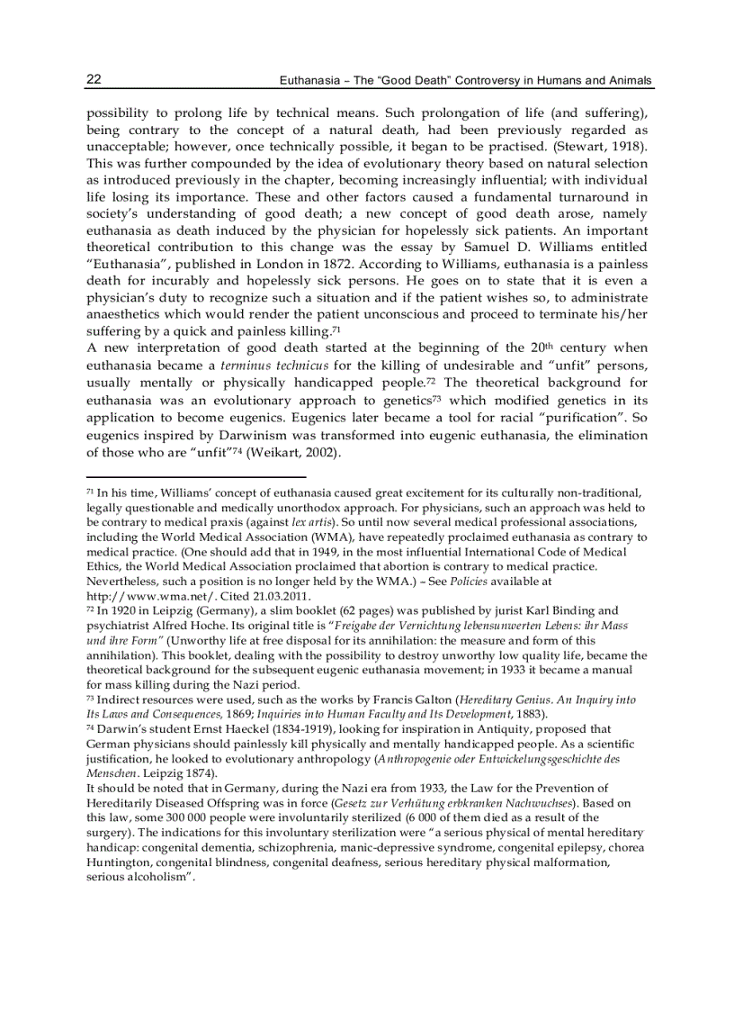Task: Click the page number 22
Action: pyautogui.click(x=94, y=79)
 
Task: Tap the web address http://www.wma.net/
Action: pyautogui.click(x=136, y=596)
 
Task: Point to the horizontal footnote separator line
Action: pyautogui.click(x=196, y=477)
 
